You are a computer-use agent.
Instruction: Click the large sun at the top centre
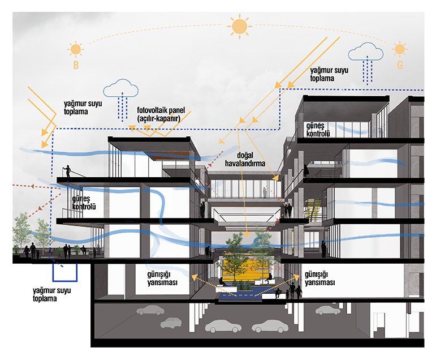coord(239,27)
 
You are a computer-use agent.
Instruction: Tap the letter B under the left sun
coord(76,65)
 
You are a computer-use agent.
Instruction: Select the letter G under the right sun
coord(400,65)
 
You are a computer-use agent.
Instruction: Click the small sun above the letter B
coord(76,50)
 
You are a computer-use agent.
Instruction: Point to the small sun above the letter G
coord(400,49)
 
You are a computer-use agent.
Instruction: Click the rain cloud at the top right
coord(366,52)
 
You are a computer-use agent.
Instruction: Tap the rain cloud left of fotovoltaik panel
coord(120,88)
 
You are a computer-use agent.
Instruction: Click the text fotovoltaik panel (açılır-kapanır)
coord(161,114)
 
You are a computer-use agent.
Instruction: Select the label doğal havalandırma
coord(245,159)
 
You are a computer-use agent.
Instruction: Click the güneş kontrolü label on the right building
coord(318,130)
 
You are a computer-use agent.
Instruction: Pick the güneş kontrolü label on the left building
coord(84,203)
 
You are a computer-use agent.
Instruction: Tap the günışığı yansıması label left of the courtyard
coord(162,278)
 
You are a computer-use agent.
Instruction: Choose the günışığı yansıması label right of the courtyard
coord(320,278)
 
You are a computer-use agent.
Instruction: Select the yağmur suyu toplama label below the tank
coord(51,294)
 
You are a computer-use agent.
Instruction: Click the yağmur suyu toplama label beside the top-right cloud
coord(329,74)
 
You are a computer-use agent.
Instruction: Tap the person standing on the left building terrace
coord(67,171)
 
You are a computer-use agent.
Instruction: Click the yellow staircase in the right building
coord(313,210)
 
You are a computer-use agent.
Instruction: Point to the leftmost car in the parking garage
coord(150,310)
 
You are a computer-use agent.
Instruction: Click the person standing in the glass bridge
coord(265,192)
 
